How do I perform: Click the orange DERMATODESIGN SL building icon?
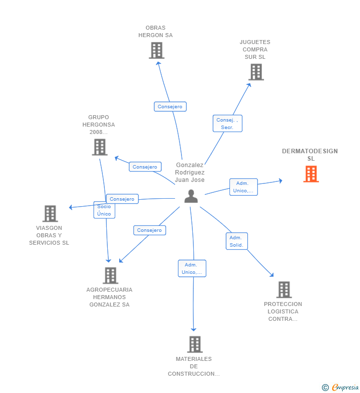pos(311,174)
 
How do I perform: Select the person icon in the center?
pos(191,196)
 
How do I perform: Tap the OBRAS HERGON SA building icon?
pos(156,50)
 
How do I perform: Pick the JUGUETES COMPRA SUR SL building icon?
pos(256,72)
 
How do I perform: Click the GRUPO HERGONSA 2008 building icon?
pos(99,147)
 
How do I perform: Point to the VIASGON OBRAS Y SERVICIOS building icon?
pos(50,214)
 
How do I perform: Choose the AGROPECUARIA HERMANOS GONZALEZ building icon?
pos(110,275)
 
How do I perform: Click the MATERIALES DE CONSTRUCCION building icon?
pos(195,344)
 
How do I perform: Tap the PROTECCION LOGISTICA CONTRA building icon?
pos(283,290)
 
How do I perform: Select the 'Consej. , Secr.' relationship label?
pos(227,124)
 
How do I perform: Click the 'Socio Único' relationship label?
pos(104,210)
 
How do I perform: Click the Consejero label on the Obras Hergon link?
pos(170,106)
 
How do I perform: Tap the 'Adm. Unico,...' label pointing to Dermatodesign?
pos(243,187)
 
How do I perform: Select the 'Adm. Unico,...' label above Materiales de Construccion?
pos(192,268)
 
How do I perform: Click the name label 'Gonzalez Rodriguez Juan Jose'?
pos(190,173)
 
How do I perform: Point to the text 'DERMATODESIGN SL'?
pos(310,155)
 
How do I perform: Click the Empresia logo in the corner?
pos(341,387)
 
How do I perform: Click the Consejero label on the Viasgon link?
pos(122,199)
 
